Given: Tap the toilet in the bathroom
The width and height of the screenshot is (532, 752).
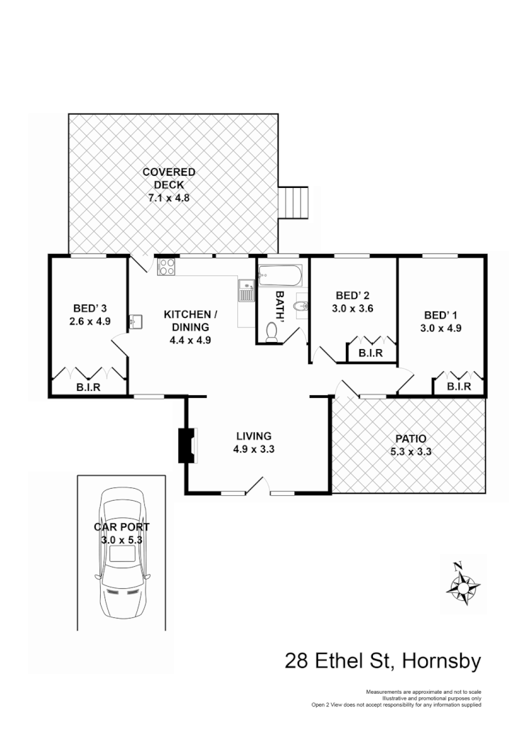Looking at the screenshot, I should click(271, 332).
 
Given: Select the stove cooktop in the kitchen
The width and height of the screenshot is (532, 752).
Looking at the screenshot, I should click(167, 267).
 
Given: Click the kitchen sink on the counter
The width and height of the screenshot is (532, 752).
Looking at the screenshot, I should click(246, 291).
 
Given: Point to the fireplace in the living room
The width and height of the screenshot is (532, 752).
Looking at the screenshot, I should click(187, 445).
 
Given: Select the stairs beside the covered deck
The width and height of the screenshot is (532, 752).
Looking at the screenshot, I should click(295, 204).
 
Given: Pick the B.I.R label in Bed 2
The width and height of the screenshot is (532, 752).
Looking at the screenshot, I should click(371, 353).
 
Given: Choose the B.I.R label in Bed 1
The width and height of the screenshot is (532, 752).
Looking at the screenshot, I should click(458, 387).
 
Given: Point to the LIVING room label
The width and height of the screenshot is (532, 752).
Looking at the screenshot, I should click(254, 436).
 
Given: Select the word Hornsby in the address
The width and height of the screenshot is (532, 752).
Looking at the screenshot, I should click(441, 661).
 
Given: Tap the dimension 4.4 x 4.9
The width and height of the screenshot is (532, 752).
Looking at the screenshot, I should click(187, 340).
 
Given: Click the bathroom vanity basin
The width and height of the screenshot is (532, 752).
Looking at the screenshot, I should click(301, 306).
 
